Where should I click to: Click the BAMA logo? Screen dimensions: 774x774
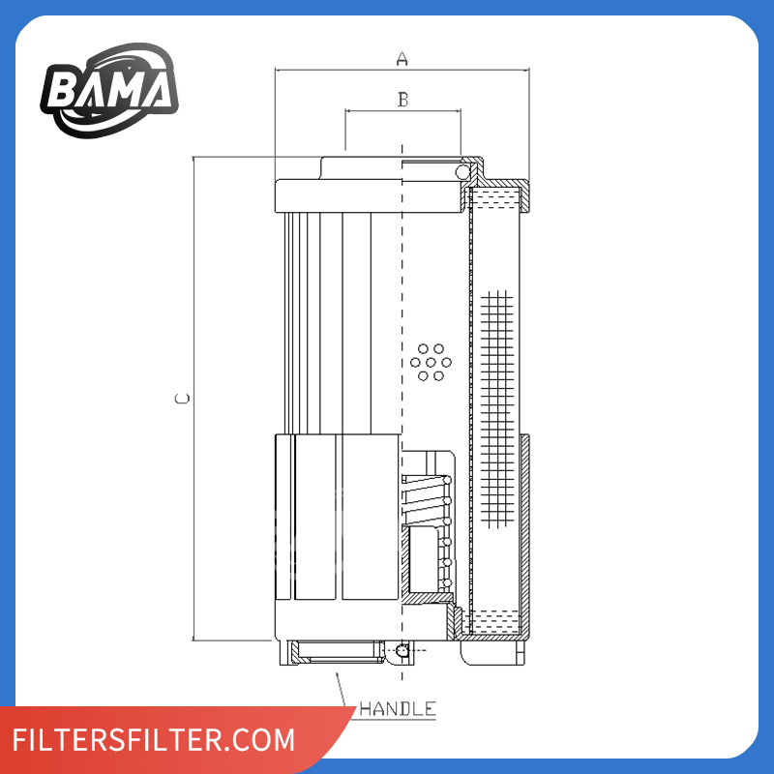pos(109,90)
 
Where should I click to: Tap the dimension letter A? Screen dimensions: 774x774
pos(402,59)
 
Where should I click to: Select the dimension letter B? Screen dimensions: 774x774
pos(403,100)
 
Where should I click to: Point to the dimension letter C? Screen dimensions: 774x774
pos(182,399)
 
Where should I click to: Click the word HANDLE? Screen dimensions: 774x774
pos(398,709)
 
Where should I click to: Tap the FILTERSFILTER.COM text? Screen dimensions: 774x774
pos(154,739)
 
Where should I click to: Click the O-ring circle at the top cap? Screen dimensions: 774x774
pos(462,172)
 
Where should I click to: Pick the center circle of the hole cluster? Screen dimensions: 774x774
pos(431,363)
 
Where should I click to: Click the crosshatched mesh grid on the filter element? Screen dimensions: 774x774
pos(497,409)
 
